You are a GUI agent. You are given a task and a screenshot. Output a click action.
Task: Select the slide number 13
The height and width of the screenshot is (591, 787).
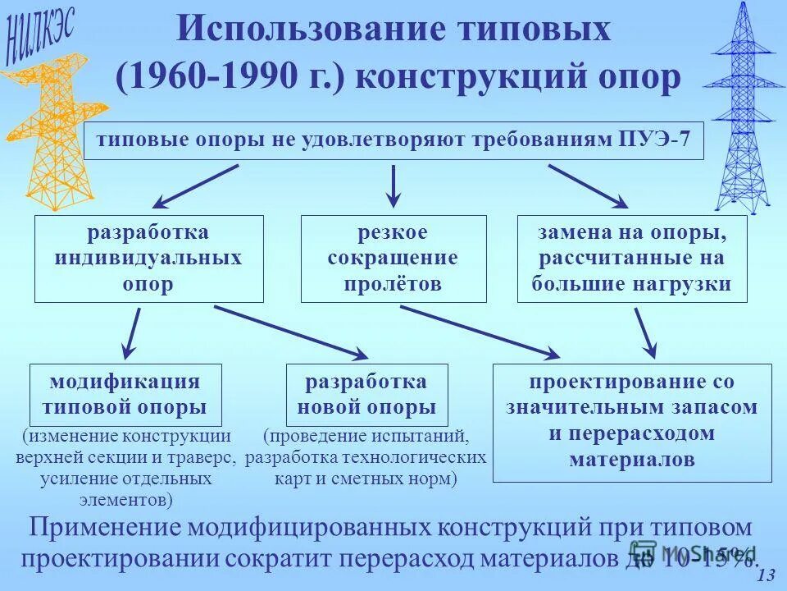[767, 575]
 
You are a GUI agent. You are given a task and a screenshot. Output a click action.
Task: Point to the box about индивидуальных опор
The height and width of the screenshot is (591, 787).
[148, 259]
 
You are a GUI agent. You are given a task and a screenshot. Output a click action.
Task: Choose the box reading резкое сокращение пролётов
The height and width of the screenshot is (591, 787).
[393, 259]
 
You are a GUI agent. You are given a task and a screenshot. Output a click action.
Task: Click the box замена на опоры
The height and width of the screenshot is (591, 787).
[632, 259]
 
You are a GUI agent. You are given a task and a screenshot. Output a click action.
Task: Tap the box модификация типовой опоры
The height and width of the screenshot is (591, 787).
[125, 394]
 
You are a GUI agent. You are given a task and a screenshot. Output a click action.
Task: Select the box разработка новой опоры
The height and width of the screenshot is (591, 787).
[366, 394]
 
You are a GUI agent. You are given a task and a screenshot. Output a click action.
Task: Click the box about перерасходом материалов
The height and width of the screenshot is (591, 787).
[632, 422]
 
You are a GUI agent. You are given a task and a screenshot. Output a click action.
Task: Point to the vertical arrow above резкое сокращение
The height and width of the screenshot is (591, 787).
[393, 186]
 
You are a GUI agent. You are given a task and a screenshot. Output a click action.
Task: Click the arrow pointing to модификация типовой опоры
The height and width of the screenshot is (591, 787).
[131, 332]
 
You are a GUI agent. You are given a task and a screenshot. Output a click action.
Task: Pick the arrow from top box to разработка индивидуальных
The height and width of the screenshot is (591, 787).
[195, 186]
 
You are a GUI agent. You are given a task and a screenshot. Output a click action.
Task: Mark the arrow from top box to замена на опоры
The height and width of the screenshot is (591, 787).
[588, 186]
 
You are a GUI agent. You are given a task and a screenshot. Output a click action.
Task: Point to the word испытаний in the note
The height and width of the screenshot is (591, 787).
[426, 436]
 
